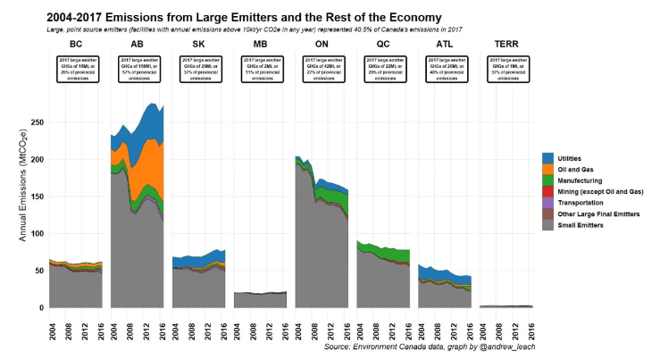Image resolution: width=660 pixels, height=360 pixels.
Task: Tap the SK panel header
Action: pos(198,43)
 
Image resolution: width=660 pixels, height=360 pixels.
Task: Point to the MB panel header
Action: pos(260,43)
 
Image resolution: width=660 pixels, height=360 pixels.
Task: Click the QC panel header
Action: pos(382,43)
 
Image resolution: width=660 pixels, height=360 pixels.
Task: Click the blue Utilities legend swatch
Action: pos(547,157)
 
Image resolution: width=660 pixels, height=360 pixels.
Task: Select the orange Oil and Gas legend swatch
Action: pos(547,169)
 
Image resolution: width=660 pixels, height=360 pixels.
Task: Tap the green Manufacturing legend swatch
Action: pos(547,180)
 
